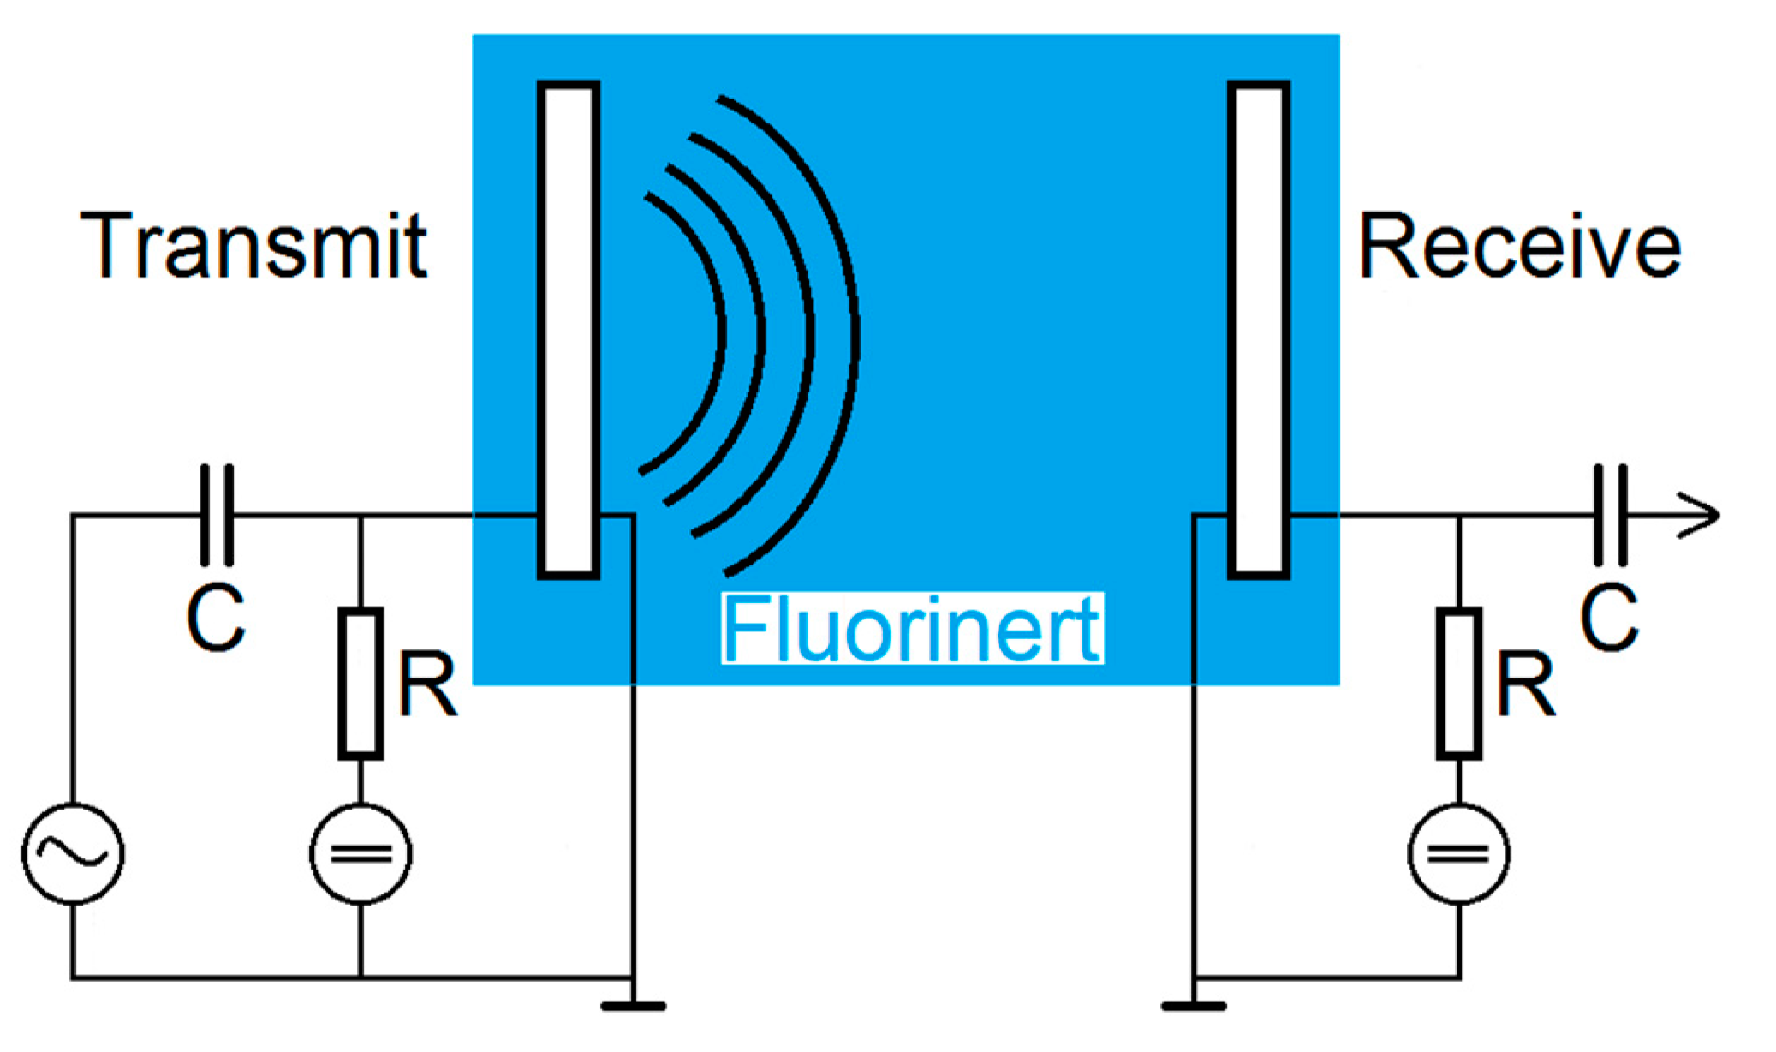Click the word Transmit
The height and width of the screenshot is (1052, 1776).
point(253,246)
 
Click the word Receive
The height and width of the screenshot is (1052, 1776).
point(1519,247)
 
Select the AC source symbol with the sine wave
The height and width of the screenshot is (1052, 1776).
point(74,853)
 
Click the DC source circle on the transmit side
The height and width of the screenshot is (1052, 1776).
point(361,853)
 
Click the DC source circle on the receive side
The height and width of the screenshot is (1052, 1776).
point(1458,853)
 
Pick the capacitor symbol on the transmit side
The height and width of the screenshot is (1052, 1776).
point(216,515)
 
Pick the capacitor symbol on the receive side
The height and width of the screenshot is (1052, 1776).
point(1611,515)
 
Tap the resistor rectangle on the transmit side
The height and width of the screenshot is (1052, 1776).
point(361,684)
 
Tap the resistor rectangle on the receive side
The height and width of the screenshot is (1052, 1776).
point(1458,684)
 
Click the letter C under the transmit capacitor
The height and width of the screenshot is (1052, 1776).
point(216,618)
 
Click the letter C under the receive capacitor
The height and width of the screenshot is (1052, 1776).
point(1609,618)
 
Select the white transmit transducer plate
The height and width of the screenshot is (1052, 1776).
point(568,330)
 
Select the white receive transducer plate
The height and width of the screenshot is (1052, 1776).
point(1258,330)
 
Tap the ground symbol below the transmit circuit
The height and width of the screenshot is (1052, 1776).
point(633,1006)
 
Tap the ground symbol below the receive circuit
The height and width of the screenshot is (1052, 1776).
point(1194,1006)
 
